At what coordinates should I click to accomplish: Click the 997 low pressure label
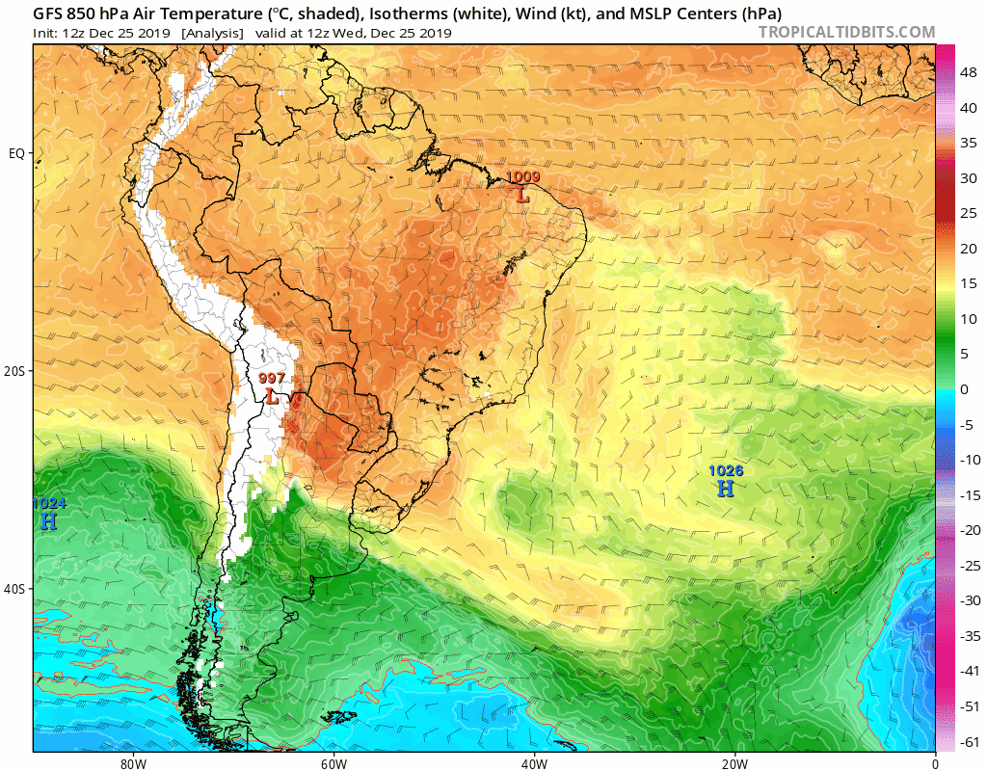coord(272,378)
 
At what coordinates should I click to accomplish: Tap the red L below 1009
coord(522,195)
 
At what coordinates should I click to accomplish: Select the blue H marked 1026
coord(725,489)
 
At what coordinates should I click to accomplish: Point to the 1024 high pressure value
coord(48,503)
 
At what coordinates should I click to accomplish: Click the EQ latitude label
coord(16,153)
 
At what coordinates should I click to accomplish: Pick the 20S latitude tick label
coord(15,371)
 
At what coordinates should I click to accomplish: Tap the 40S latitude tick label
coord(15,589)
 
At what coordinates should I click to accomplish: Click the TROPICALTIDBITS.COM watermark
coord(846,33)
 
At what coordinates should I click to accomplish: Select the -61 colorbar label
coord(968,741)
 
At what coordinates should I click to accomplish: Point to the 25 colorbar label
coord(967,213)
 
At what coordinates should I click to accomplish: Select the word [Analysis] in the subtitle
coord(211,33)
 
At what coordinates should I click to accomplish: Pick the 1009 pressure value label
coord(522,177)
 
